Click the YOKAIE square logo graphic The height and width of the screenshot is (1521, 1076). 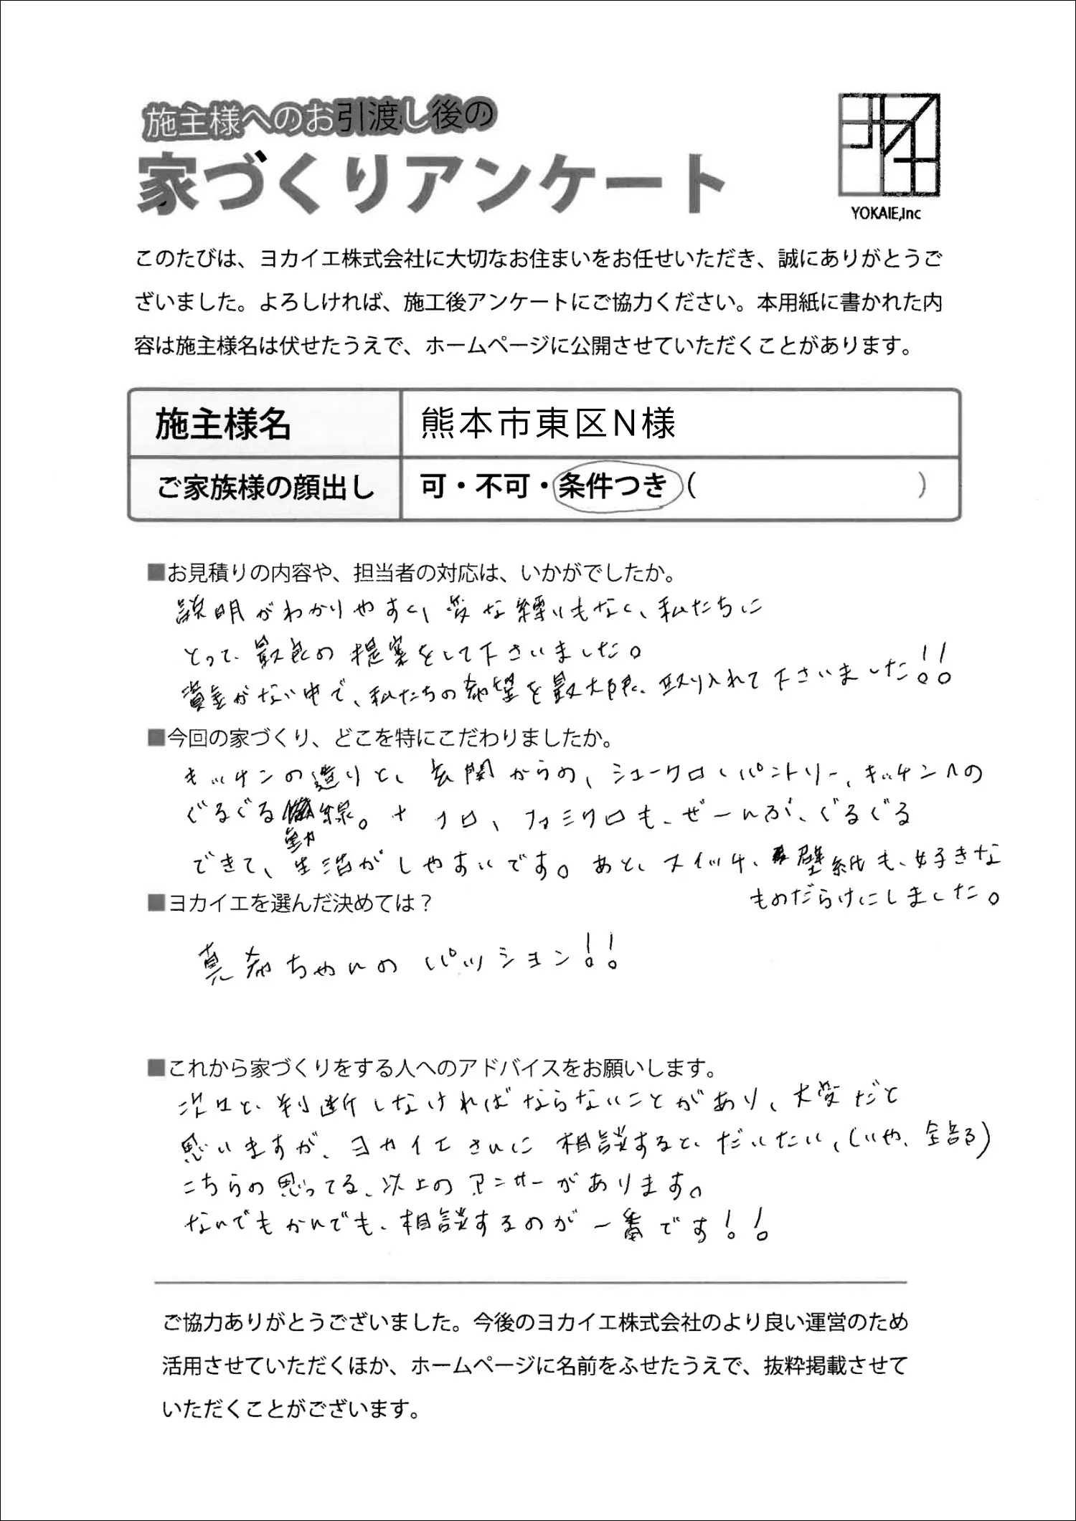[889, 146]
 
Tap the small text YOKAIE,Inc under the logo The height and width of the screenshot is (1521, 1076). [886, 214]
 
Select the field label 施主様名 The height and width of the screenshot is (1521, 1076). [223, 425]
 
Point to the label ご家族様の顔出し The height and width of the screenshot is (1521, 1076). [265, 488]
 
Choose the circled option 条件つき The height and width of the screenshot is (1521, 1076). [613, 487]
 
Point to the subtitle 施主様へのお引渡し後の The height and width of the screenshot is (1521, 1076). [319, 120]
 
